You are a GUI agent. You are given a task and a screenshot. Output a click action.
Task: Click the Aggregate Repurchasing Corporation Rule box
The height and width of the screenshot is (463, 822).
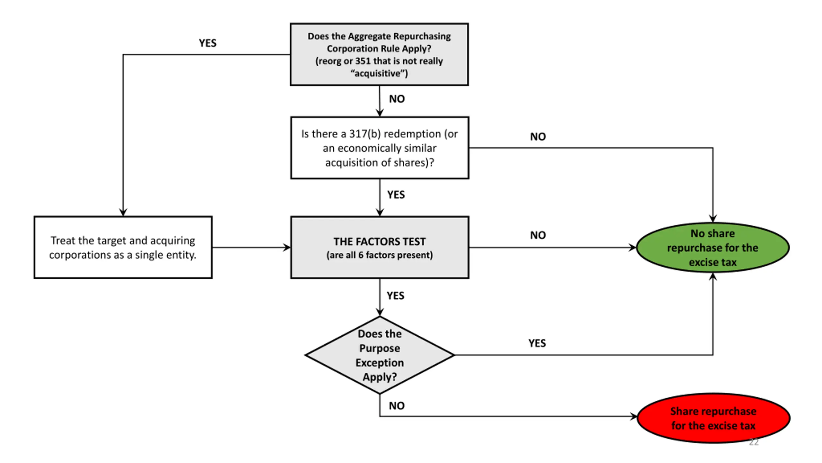click(x=379, y=54)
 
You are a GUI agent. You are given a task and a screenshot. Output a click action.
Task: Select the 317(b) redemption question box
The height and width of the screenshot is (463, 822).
click(x=380, y=148)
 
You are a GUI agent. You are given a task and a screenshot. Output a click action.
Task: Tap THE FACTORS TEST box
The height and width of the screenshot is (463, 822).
click(x=380, y=247)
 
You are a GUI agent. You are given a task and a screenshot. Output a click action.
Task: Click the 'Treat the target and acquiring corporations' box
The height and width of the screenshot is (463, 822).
click(x=123, y=247)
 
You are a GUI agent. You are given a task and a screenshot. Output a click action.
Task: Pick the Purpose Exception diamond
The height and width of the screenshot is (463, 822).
click(x=380, y=355)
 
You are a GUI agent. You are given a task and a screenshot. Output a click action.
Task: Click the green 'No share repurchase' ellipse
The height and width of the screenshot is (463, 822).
click(x=713, y=248)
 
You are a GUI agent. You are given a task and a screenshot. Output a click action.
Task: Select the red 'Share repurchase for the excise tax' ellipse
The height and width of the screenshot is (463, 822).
click(x=713, y=418)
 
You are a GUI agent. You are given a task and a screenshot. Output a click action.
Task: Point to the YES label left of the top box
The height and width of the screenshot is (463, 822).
click(x=207, y=43)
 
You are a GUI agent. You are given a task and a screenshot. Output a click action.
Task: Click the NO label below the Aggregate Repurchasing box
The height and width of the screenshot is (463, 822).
click(x=397, y=99)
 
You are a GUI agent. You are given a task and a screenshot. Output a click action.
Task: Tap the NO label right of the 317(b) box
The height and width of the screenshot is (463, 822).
click(x=538, y=137)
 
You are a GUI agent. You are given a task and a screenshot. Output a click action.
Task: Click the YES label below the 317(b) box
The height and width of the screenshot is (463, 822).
click(x=396, y=195)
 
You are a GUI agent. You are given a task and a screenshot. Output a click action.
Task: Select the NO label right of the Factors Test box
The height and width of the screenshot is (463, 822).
click(x=538, y=235)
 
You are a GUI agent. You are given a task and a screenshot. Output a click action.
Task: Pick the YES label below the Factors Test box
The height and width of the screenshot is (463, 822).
click(x=395, y=295)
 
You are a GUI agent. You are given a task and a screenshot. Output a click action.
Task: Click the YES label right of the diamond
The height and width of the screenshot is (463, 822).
click(x=537, y=343)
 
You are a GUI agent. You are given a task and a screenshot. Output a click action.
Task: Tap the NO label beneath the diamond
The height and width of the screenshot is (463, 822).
click(x=397, y=406)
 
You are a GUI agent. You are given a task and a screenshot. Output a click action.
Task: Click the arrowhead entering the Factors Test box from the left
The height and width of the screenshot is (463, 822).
click(x=287, y=248)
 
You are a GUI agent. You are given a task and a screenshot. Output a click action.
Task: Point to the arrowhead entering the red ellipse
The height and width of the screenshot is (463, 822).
click(x=634, y=417)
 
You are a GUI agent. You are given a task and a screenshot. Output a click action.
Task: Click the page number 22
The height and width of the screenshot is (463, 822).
click(x=754, y=442)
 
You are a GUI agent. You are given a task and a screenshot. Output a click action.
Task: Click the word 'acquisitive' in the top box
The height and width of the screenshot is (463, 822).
click(x=379, y=73)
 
